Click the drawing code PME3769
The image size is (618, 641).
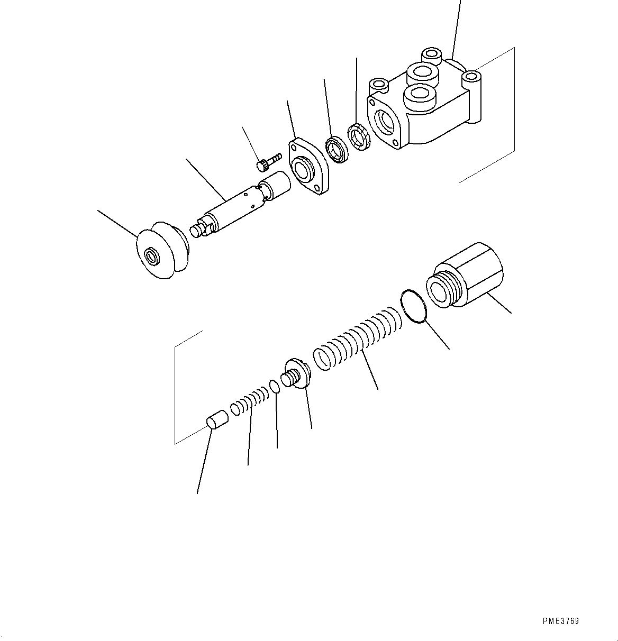560,621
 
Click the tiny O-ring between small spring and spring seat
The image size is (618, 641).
274,387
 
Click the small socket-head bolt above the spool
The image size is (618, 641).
268,162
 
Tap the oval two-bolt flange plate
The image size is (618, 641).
310,167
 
